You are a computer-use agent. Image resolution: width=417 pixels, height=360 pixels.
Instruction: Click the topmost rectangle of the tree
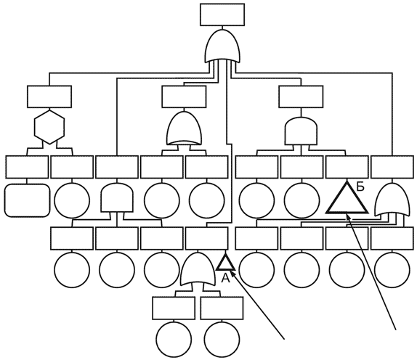click(x=222, y=15)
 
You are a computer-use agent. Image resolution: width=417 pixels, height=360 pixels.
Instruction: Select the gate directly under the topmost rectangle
click(x=222, y=46)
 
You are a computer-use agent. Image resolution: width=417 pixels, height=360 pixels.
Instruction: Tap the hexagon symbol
click(x=49, y=127)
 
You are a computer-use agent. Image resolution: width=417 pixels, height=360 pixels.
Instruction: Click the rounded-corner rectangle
click(x=27, y=200)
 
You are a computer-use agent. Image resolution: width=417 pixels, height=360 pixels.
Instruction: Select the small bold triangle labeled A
click(x=225, y=263)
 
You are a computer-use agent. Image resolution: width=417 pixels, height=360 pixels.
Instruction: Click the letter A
click(x=225, y=278)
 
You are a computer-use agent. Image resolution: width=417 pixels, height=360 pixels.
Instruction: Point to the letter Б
click(x=360, y=187)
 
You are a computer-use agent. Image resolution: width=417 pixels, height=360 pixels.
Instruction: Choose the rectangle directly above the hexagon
click(x=49, y=97)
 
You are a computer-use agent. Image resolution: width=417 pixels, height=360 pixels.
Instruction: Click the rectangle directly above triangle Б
click(x=347, y=167)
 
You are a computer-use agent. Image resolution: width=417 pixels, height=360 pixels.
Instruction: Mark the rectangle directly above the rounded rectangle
click(x=27, y=167)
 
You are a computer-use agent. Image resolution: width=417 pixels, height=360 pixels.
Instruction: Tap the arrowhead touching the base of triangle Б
click(x=349, y=217)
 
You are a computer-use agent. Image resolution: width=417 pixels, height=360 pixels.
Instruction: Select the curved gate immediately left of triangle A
click(x=198, y=269)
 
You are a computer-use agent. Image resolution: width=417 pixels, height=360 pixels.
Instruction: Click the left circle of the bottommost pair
click(x=174, y=340)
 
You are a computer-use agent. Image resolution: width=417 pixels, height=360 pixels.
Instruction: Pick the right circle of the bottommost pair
click(x=222, y=340)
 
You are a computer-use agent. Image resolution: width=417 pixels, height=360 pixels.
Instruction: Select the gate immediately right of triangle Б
click(x=392, y=200)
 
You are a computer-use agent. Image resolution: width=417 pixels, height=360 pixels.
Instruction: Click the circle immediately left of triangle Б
click(x=301, y=200)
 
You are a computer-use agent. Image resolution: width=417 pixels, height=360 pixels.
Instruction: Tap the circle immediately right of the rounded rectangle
click(x=72, y=200)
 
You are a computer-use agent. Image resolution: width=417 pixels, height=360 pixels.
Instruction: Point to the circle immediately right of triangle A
click(x=256, y=270)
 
